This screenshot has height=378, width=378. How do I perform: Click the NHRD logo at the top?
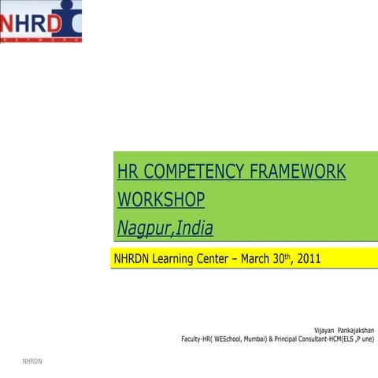41,22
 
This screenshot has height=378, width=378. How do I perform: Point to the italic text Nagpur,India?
165,228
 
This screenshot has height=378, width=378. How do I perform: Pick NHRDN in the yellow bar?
135,258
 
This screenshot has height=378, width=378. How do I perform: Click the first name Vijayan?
324,329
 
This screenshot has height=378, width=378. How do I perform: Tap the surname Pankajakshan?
356,329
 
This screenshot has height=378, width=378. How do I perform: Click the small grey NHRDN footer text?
32,361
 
